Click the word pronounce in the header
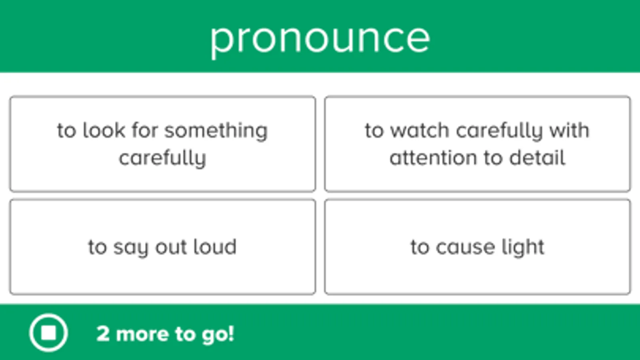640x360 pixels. [320, 40]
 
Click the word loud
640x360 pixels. [215, 246]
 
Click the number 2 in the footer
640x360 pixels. [103, 334]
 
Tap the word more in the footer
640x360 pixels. [142, 334]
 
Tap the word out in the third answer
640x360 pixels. [171, 247]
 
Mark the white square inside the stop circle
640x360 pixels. [48, 333]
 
